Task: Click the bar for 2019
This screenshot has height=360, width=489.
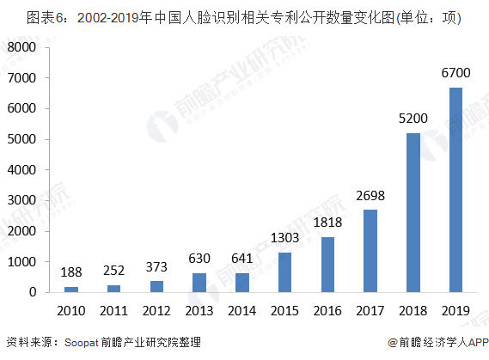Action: click(x=456, y=190)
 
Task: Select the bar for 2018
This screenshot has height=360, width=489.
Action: click(x=413, y=212)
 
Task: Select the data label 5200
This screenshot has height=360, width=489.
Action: click(x=413, y=118)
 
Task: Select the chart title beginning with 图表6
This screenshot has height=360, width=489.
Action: click(x=232, y=18)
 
